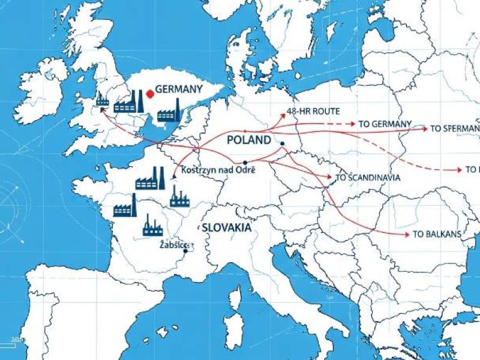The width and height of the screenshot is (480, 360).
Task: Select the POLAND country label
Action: (x=249, y=140)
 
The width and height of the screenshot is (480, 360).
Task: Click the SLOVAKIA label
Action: (x=226, y=228)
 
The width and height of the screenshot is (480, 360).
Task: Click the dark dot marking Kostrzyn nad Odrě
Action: (x=245, y=163)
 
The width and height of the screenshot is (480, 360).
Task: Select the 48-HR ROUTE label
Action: (x=314, y=112)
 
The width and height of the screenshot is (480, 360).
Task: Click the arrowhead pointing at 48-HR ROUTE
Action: (x=282, y=113)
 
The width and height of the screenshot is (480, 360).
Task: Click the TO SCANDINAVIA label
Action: (x=367, y=178)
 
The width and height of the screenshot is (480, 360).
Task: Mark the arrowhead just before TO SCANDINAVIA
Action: (x=329, y=177)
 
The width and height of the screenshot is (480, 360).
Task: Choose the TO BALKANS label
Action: (x=436, y=234)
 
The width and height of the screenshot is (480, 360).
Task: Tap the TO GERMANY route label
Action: (x=385, y=124)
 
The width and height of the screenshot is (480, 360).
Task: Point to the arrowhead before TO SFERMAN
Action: (x=425, y=128)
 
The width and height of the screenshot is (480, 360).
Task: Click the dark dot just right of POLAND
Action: (x=282, y=143)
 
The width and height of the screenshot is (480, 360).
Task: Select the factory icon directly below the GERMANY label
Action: (x=169, y=112)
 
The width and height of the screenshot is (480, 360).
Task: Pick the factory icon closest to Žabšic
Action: (x=152, y=226)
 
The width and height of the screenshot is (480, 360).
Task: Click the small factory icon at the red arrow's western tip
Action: (x=103, y=100)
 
